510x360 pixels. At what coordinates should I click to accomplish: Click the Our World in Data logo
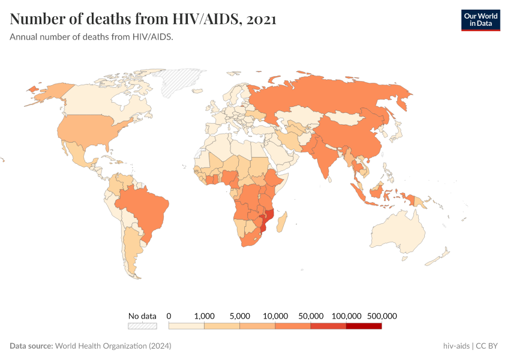pyautogui.click(x=480, y=20)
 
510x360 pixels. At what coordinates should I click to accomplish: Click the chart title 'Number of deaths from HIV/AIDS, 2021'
pyautogui.click(x=143, y=19)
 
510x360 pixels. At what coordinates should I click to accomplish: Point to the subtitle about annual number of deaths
pyautogui.click(x=92, y=37)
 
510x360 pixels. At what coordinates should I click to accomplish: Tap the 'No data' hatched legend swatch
pyautogui.click(x=142, y=326)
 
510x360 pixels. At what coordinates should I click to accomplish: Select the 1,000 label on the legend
pyautogui.click(x=205, y=316)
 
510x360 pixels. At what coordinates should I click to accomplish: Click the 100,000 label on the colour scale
pyautogui.click(x=346, y=316)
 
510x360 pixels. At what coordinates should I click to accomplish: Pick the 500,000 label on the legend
pyautogui.click(x=382, y=316)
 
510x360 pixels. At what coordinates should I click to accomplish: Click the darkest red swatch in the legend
pyautogui.click(x=364, y=326)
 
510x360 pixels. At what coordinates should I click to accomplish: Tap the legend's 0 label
pyautogui.click(x=169, y=316)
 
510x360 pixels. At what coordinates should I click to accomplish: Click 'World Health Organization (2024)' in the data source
pyautogui.click(x=113, y=346)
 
